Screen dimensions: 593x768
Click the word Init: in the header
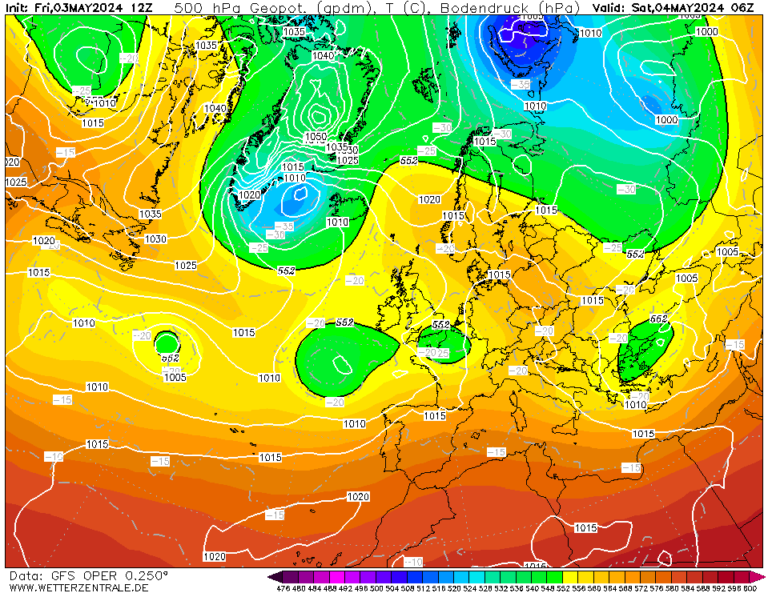18,8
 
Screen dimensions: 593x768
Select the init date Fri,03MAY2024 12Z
93,8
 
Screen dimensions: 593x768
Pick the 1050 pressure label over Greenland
316,137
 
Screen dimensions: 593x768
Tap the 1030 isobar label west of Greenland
156,239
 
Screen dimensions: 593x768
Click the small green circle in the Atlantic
167,343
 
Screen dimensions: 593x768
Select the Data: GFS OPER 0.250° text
88,575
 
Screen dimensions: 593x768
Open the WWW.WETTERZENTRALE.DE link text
78,587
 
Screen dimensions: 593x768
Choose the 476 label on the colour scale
283,588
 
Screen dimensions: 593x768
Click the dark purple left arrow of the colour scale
275,577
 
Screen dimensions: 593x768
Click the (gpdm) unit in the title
342,8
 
